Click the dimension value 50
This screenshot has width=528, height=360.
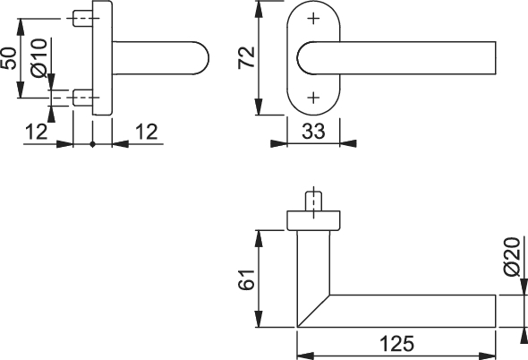click(x=9, y=58)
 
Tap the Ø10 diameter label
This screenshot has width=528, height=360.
click(x=38, y=58)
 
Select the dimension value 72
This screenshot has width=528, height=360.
click(x=246, y=57)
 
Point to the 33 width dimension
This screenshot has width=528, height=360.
click(x=313, y=131)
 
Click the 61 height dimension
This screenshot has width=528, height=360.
click(x=246, y=279)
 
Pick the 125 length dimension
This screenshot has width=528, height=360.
click(x=396, y=344)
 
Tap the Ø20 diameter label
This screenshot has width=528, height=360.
click(x=512, y=256)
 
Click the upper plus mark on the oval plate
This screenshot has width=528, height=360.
click(x=313, y=18)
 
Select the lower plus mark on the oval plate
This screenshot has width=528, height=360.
click(x=313, y=98)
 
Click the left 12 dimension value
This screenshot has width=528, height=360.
click(x=37, y=132)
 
